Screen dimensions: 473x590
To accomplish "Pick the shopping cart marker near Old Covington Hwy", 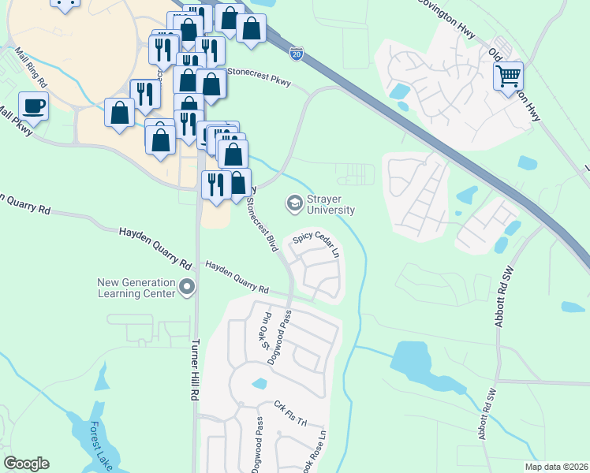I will pos(509,76).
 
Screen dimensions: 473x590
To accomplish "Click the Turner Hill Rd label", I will pos(195,371).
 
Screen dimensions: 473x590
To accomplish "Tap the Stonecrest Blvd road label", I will pos(262,224).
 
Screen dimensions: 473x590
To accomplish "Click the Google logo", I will pos(26,464).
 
